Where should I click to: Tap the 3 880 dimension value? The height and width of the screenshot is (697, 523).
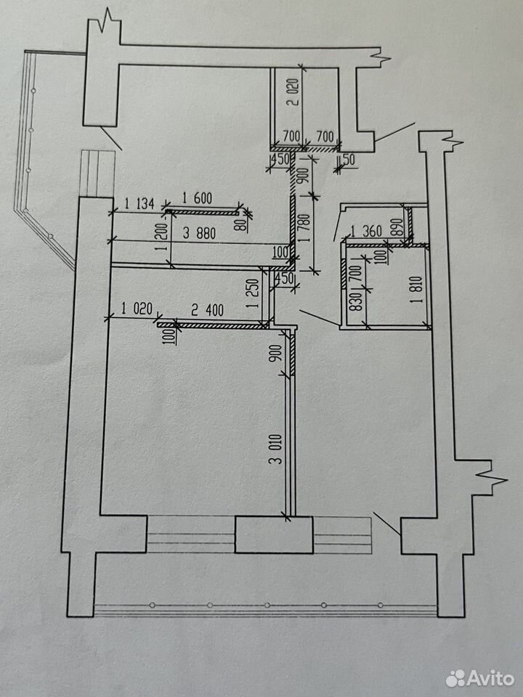(x=199, y=233)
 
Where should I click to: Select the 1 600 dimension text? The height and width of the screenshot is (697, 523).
(x=197, y=197)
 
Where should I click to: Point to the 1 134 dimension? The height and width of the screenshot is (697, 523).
(x=139, y=204)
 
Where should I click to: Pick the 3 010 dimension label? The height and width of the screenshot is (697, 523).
(x=276, y=449)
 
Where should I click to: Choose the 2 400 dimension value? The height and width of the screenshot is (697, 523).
(x=207, y=310)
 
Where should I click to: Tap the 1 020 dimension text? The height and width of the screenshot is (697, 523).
(x=137, y=308)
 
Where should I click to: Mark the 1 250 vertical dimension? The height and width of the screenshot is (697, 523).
(x=252, y=293)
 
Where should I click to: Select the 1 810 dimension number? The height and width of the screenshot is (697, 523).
(x=418, y=290)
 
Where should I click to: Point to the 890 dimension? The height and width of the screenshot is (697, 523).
(x=398, y=227)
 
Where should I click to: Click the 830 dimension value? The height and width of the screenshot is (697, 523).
(x=357, y=301)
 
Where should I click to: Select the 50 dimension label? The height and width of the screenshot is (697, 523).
(x=349, y=160)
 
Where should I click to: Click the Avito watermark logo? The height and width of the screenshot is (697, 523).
(x=480, y=678)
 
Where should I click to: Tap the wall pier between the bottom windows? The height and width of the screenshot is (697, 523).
(x=274, y=534)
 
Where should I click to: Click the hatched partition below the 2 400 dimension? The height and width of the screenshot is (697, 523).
(x=213, y=325)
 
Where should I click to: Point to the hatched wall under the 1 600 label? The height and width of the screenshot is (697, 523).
(x=203, y=213)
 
